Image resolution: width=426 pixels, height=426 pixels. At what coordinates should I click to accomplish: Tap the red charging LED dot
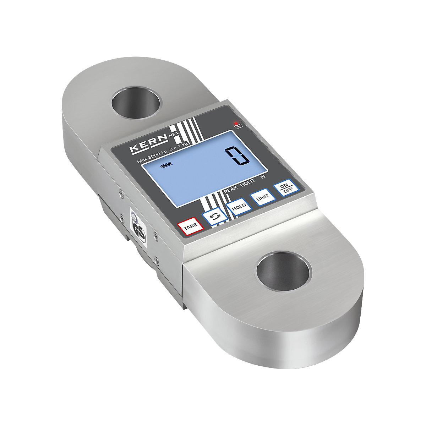click(x=236, y=123)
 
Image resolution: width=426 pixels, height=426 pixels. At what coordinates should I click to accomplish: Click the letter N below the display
click(x=262, y=176)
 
